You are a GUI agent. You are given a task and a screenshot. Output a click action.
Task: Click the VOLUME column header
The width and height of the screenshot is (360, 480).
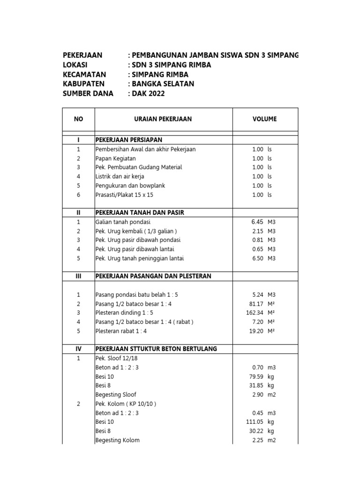coord(264,119)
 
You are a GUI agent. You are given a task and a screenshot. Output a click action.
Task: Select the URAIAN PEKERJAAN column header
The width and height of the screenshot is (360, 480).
coord(163,119)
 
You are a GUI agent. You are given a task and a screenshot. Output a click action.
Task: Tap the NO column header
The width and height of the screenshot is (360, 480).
coord(78,119)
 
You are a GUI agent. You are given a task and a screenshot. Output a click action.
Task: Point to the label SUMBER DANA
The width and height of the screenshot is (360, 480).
coord(88,93)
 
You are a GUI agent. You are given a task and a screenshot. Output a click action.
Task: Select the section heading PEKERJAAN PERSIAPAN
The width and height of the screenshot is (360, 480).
coord(129,140)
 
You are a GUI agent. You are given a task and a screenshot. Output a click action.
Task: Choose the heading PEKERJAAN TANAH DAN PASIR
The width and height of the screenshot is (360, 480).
coord(140,213)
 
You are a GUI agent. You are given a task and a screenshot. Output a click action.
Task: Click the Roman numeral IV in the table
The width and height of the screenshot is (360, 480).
coord(78,349)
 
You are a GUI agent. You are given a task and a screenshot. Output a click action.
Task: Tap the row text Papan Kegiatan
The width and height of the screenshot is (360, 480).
coord(116,158)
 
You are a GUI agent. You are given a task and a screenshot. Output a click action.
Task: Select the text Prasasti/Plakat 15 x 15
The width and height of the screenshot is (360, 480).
coord(124,195)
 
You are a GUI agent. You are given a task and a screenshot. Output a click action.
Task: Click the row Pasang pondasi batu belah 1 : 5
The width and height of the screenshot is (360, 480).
coord(137,295)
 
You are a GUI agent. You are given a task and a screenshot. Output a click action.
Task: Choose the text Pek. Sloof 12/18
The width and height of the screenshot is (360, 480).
coord(117,358)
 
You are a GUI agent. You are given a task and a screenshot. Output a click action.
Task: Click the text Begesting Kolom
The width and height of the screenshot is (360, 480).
coord(117,440)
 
